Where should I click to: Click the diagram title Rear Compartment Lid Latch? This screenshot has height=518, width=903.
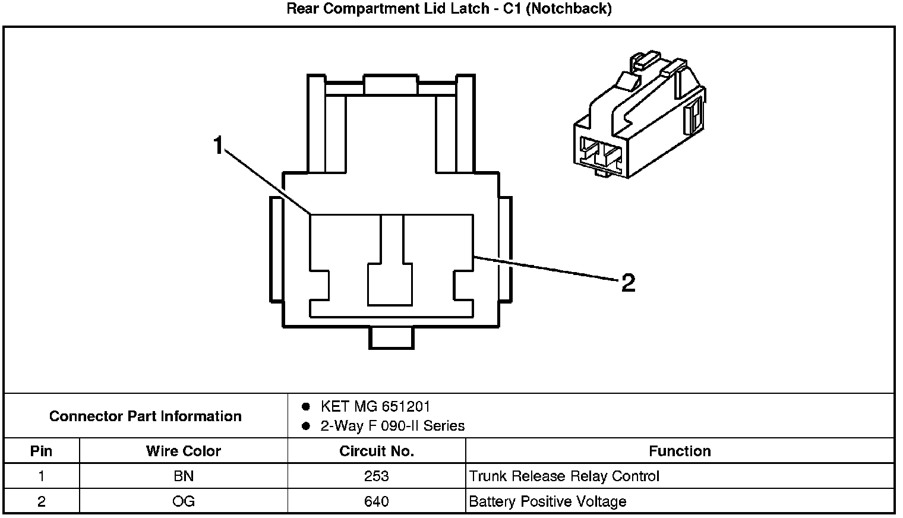(x=449, y=9)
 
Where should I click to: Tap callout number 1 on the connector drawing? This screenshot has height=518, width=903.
(x=219, y=145)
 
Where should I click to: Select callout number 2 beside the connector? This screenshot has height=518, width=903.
(x=628, y=283)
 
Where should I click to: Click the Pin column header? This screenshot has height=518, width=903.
(x=41, y=451)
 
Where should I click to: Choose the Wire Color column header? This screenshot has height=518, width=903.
(x=183, y=451)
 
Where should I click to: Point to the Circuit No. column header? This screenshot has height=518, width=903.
(x=377, y=451)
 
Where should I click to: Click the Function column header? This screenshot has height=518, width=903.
(x=680, y=451)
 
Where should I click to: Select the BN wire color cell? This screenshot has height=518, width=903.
(x=183, y=476)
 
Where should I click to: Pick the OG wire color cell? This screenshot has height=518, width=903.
(x=183, y=501)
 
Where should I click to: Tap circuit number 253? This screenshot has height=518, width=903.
(x=377, y=476)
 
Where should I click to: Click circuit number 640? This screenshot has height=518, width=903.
(x=377, y=501)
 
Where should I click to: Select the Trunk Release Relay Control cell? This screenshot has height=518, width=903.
(x=564, y=476)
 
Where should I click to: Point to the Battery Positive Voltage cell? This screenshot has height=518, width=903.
(x=547, y=501)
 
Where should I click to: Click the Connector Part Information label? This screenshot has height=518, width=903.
(x=146, y=416)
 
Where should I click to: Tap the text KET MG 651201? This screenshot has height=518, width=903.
(x=375, y=406)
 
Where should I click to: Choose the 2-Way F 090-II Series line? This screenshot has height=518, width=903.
(x=392, y=425)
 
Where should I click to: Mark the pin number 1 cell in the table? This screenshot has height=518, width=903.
(x=41, y=476)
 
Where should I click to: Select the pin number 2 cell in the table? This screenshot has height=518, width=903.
(x=41, y=501)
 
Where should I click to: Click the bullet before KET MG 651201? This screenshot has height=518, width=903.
(x=306, y=406)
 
